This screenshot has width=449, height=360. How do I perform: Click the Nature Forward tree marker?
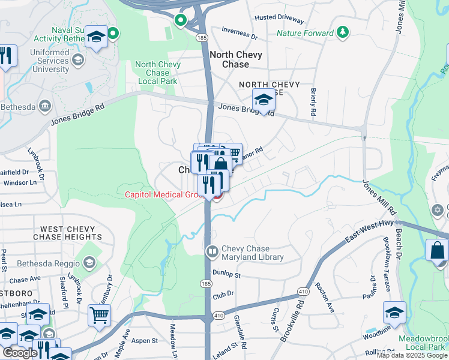[x=343, y=32]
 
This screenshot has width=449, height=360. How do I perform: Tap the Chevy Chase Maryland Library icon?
[x=212, y=250]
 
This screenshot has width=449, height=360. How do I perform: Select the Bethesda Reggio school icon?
[x=89, y=263]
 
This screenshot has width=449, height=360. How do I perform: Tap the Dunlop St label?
[x=226, y=275]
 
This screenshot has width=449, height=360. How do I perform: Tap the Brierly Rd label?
[x=313, y=101]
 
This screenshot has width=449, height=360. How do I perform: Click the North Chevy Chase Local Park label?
[x=158, y=73]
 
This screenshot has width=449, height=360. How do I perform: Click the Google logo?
[x=20, y=353]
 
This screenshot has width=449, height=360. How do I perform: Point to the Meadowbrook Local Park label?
[x=423, y=343]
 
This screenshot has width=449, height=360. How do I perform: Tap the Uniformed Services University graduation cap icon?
[x=77, y=59]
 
